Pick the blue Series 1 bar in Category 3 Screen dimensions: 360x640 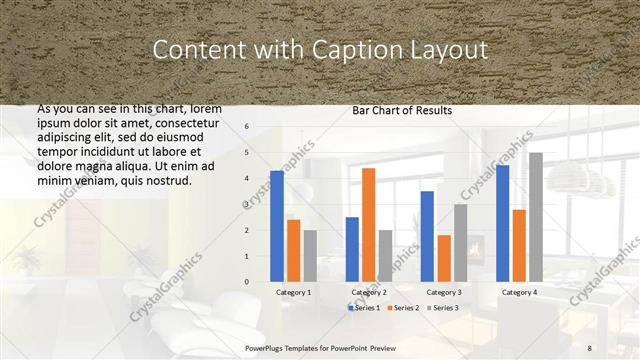point(427,236)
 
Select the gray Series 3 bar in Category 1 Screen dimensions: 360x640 point(310,256)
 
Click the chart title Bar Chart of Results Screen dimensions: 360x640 point(401,110)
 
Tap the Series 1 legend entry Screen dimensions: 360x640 point(365,307)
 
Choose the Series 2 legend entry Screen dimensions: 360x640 point(403,307)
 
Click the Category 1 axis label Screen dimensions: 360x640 point(293,292)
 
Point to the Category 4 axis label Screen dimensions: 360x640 point(519,292)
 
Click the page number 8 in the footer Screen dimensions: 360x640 point(590,347)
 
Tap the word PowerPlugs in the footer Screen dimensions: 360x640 point(268,347)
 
